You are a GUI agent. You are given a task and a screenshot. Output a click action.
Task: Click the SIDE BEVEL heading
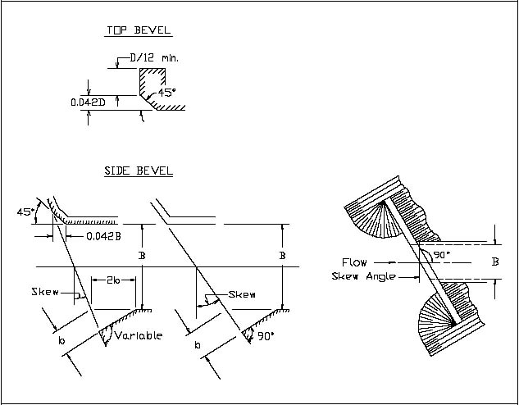coord(138,171)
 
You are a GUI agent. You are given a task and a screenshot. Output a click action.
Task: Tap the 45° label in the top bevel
coord(167,93)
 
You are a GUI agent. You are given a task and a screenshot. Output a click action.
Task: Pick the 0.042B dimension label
coord(103,237)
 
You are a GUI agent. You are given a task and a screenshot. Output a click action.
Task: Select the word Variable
coord(139,335)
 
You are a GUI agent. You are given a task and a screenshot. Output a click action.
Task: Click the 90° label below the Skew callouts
coord(262,335)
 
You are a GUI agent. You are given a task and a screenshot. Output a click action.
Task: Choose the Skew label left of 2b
coord(46,293)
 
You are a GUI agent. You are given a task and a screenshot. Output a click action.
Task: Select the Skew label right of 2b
coord(244,294)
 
